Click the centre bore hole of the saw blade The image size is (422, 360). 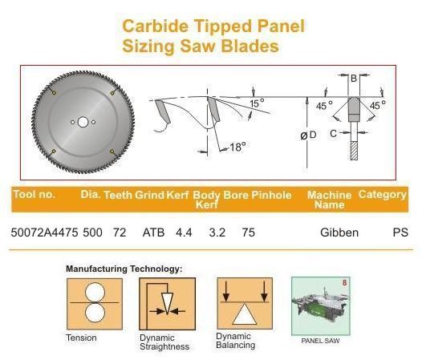(83, 122)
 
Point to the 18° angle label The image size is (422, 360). (237, 147)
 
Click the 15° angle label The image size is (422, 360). (257, 103)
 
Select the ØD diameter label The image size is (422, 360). (308, 135)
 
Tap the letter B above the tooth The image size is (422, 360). (354, 79)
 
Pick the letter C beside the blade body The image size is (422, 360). (333, 133)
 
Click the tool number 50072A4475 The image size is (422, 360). (44, 233)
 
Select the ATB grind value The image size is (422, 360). (153, 233)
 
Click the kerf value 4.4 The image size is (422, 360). (184, 233)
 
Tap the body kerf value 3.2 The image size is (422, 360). (217, 233)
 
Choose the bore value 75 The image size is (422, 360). (248, 233)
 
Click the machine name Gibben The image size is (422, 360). (339, 233)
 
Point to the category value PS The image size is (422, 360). (400, 233)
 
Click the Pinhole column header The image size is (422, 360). (271, 195)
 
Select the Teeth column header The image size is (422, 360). (118, 195)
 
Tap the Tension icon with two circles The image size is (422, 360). (95, 304)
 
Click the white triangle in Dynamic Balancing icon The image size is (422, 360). (245, 314)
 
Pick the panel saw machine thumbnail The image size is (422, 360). (321, 306)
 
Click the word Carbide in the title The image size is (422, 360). (156, 26)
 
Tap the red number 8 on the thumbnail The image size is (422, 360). (344, 283)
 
